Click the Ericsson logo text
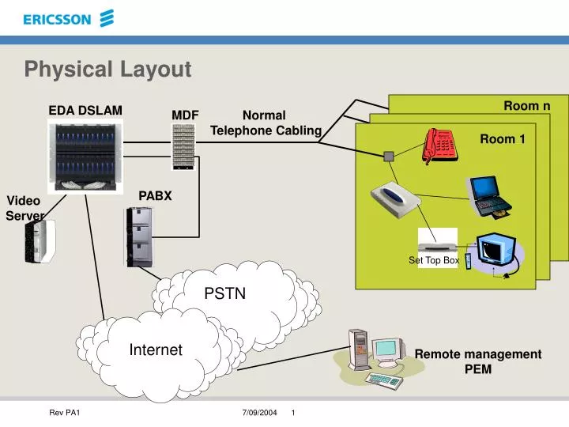57,20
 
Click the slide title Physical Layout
107,70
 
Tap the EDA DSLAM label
85,110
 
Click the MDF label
185,115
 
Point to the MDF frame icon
183,147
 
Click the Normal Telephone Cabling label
266,123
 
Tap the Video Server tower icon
40,241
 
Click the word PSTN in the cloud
225,293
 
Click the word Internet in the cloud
156,350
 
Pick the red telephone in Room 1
441,144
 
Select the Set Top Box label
434,260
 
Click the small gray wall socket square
388,157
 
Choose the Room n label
526,106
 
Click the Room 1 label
503,139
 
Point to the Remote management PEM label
478,361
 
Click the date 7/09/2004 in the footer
259,414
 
